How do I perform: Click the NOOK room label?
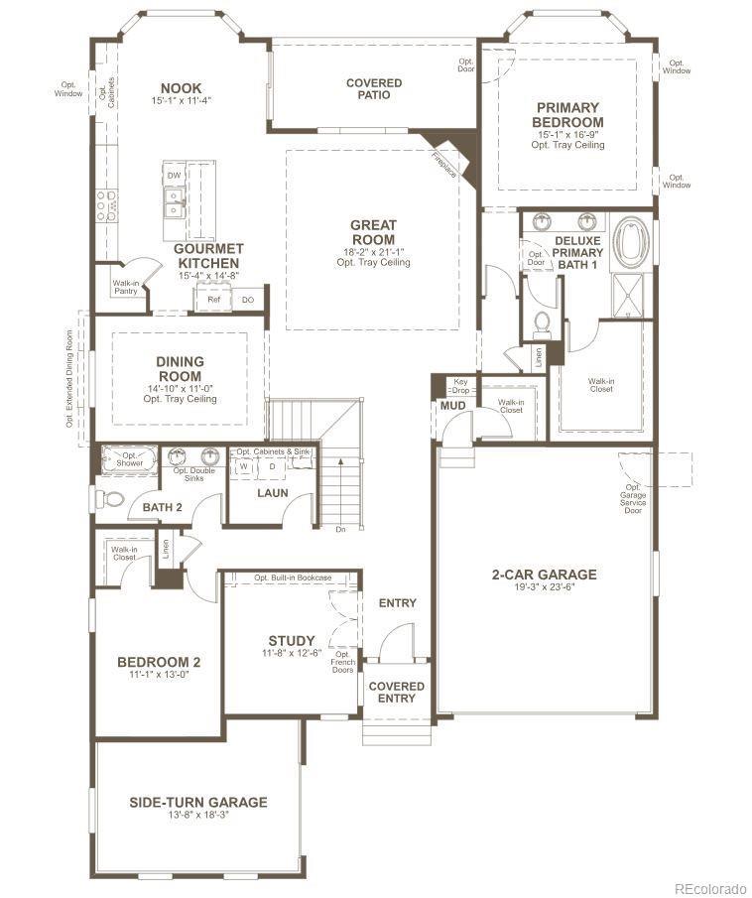181,88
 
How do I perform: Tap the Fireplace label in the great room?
444,165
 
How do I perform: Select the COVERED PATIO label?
374,88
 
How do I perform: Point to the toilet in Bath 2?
109,500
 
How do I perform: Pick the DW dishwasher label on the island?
175,176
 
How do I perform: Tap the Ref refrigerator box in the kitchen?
213,300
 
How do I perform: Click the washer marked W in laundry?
243,466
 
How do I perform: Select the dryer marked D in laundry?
273,466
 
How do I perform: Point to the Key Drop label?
460,385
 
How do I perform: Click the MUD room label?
453,406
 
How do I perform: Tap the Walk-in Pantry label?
125,287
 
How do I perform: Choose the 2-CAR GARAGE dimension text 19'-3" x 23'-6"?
544,587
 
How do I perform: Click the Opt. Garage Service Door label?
633,498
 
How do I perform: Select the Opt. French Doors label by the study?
342,662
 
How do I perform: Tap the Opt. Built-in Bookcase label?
293,577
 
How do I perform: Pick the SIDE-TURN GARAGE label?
198,802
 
